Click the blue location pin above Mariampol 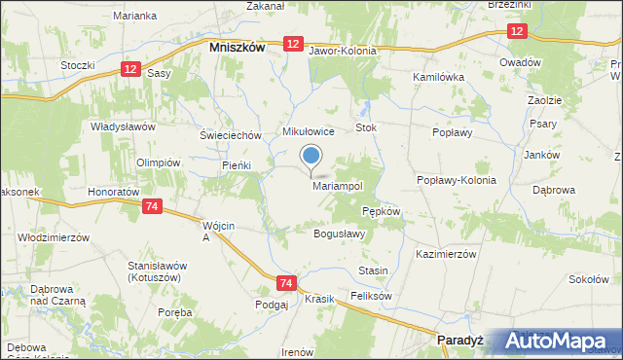[311, 156]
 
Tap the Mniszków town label [238, 46]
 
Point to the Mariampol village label [338, 185]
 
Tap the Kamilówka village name [441, 75]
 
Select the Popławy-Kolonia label [457, 180]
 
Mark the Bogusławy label [339, 234]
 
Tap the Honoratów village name [108, 193]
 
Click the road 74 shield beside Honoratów [151, 206]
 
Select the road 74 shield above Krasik [285, 282]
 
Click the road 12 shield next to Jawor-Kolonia [293, 44]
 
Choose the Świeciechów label [231, 135]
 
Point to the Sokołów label [588, 279]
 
